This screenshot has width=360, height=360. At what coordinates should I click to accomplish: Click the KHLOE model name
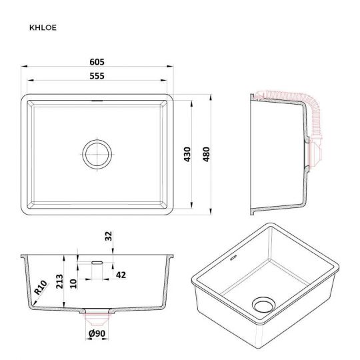click(x=43, y=27)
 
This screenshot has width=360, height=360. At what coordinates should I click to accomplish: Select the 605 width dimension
click(x=97, y=62)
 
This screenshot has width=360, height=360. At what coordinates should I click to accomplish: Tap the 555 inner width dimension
click(x=97, y=76)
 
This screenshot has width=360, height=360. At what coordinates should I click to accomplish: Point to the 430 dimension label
click(x=187, y=154)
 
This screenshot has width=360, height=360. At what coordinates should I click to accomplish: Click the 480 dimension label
click(x=207, y=154)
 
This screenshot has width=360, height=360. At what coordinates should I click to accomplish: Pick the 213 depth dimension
click(x=59, y=281)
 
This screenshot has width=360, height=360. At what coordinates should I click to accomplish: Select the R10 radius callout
click(x=41, y=287)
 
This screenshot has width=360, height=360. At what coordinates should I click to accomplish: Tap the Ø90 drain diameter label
click(x=97, y=333)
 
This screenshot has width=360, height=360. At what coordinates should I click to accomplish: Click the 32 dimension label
click(x=109, y=236)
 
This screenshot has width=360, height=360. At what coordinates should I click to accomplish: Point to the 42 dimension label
click(x=121, y=275)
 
